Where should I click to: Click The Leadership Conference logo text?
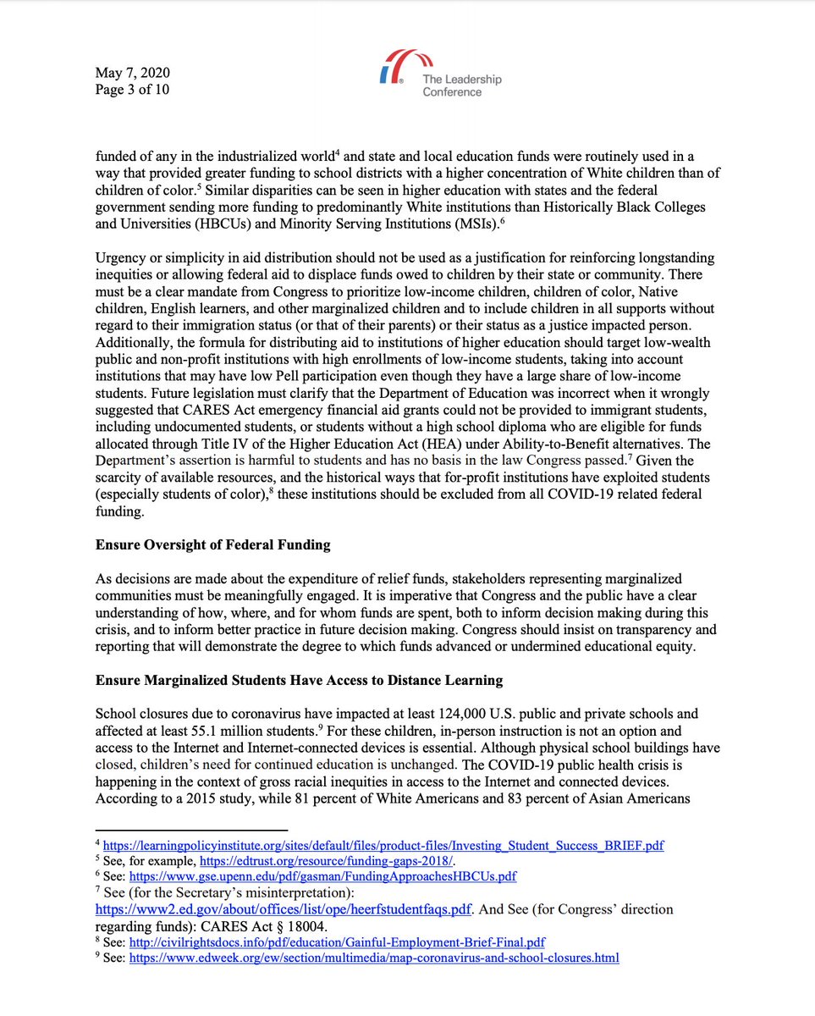click(x=462, y=86)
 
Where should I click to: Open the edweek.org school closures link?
click(x=374, y=958)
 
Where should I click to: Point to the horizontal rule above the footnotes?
click(x=191, y=830)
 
